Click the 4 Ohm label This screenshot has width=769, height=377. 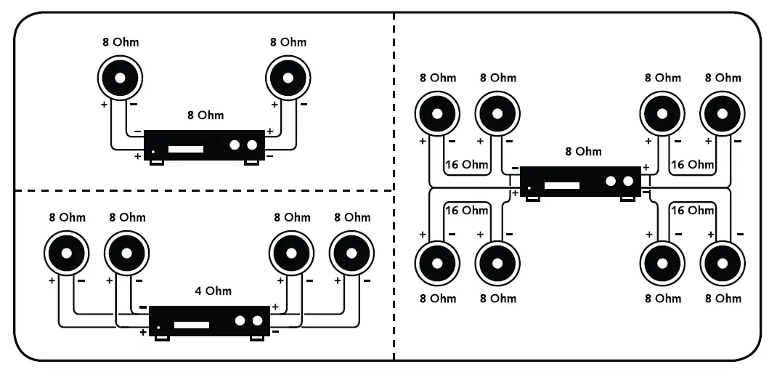coord(213,291)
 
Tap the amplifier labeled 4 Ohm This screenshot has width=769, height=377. coord(209,323)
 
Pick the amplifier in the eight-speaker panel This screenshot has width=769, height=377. coord(580,184)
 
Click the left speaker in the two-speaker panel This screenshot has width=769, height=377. coord(120,78)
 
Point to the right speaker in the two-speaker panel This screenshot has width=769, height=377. coord(288,78)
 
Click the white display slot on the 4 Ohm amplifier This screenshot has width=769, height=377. coord(191,325)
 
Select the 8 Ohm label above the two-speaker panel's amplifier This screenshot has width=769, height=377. coord(206,115)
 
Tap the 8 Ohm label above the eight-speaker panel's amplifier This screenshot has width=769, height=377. coord(583,151)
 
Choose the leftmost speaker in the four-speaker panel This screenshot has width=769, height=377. coord(67,254)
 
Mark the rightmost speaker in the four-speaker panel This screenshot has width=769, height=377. coord(351,254)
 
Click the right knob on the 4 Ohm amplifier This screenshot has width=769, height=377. coord(258,320)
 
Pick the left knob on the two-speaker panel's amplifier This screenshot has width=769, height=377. coord(235,145)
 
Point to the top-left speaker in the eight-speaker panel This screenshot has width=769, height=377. coord(437,114)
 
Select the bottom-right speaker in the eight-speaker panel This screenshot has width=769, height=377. coord(722,263)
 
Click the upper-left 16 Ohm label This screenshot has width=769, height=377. coord(467,164)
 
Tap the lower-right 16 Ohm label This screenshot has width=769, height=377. coord(692,211)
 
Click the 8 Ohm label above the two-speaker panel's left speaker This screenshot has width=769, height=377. coord(121,42)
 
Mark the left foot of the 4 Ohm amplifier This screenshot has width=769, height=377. coord(163,339)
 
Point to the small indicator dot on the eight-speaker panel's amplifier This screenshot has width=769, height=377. coord(529,188)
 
